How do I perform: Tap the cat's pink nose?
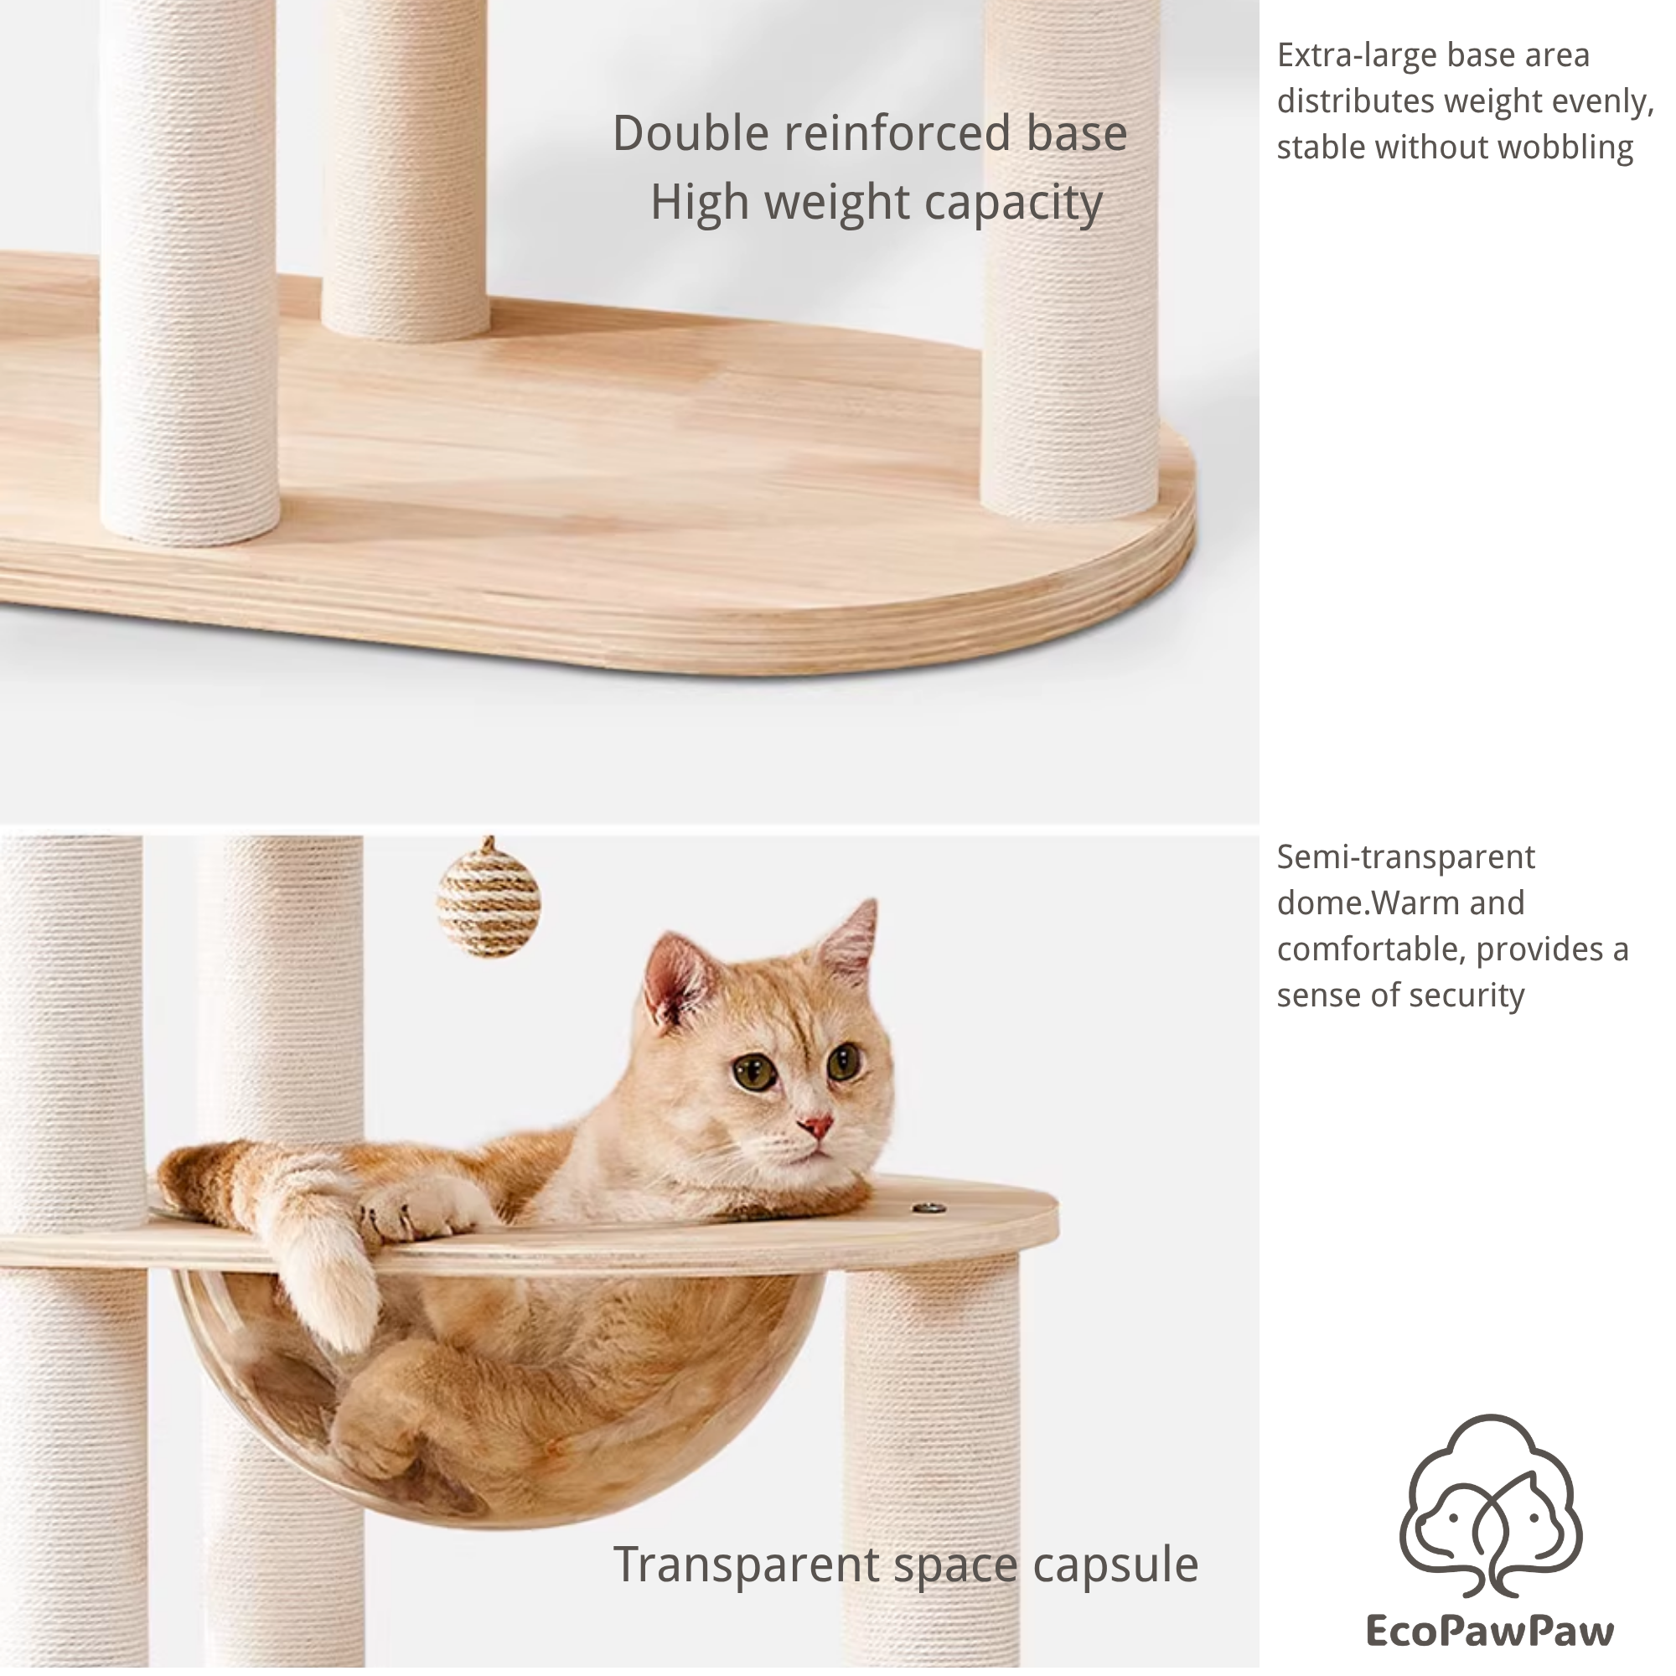(816, 1127)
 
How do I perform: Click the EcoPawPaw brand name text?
(1489, 1630)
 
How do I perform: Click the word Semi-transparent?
(1405, 857)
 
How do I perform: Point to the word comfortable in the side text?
(1371, 949)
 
